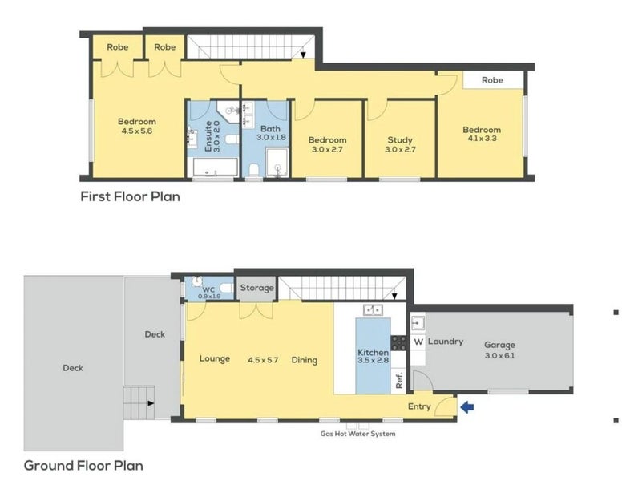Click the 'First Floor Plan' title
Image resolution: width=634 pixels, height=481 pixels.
pyautogui.click(x=129, y=196)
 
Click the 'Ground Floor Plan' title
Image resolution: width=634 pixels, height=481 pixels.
pyautogui.click(x=83, y=464)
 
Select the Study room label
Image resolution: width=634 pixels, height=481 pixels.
pyautogui.click(x=398, y=140)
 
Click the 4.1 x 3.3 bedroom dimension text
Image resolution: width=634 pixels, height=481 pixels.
pyautogui.click(x=481, y=139)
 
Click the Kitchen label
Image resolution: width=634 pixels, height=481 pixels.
pyautogui.click(x=374, y=352)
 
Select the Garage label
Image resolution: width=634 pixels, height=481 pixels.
pyautogui.click(x=499, y=346)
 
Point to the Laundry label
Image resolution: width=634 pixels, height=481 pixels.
pyautogui.click(x=445, y=342)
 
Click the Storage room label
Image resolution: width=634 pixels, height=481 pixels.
pyautogui.click(x=257, y=288)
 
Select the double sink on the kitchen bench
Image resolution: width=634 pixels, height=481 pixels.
pyautogui.click(x=373, y=309)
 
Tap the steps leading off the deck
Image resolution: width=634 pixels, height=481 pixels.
pyautogui.click(x=138, y=398)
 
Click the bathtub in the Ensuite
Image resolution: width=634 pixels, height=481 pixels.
pyautogui.click(x=215, y=168)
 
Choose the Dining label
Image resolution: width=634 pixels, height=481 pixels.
pyautogui.click(x=305, y=360)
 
